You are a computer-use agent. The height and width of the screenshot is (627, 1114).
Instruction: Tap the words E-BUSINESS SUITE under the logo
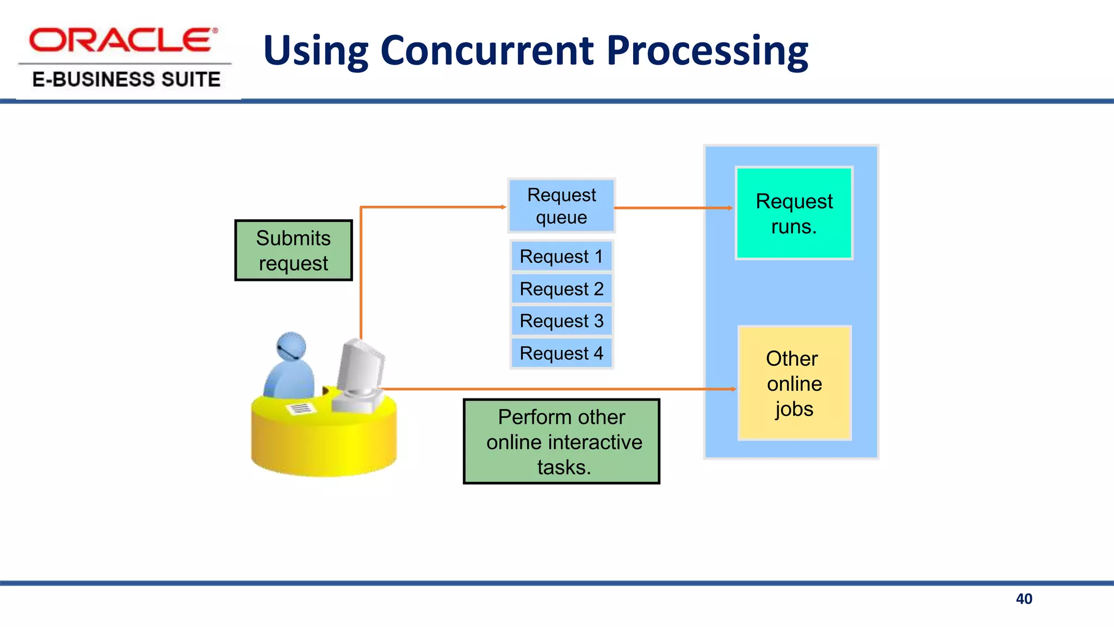tap(126, 79)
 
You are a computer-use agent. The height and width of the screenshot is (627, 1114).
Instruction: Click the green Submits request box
tap(294, 250)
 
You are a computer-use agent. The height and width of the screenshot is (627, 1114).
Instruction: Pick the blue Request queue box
tap(561, 206)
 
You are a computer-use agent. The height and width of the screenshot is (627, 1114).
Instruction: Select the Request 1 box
tap(561, 256)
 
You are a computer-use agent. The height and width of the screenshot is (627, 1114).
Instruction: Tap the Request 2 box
tap(561, 288)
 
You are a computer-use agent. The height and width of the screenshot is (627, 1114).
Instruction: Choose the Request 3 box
tap(561, 321)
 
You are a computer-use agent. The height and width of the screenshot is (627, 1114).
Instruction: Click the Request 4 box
tap(561, 353)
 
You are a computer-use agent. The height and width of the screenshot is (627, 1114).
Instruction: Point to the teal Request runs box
tap(794, 213)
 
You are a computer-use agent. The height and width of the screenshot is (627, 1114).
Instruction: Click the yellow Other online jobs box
tap(794, 383)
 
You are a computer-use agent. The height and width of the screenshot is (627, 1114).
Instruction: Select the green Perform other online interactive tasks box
tap(561, 441)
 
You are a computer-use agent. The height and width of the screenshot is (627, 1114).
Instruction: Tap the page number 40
tap(1024, 599)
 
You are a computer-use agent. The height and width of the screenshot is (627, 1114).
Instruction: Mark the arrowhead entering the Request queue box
tap(504, 207)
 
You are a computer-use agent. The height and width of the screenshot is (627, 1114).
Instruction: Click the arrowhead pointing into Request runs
tap(731, 208)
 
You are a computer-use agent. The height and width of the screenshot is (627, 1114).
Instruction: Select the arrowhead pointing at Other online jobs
tap(733, 389)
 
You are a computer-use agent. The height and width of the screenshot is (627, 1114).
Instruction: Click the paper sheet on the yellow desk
tap(301, 408)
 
